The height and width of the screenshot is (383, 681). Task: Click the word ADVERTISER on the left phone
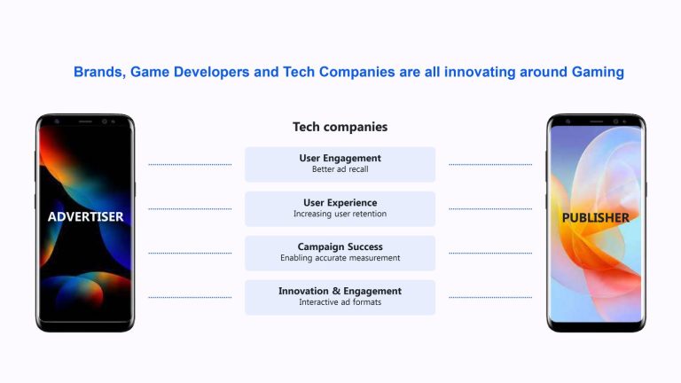coord(85,216)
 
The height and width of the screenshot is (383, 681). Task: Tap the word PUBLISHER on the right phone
coord(596,217)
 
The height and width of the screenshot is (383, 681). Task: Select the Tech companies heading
coord(340,127)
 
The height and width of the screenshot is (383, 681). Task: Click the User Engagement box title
coord(340,158)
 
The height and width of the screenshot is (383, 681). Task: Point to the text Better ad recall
coord(340,169)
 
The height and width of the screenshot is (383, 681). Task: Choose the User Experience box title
coord(340,202)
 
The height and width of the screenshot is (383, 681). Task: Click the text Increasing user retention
coord(340,214)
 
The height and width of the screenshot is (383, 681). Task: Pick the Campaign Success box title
coord(340,246)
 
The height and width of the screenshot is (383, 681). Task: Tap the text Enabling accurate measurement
coord(340,258)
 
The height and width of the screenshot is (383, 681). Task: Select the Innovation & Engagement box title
coord(340,291)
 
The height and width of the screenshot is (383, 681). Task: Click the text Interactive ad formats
coord(340,302)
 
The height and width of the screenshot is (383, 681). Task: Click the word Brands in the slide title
coord(100,72)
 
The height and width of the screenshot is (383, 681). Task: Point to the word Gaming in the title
coord(598,72)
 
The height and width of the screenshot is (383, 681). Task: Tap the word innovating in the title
coord(480,72)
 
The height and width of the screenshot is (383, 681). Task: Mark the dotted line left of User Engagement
coord(190,165)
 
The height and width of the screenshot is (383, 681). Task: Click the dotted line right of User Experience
coord(490,209)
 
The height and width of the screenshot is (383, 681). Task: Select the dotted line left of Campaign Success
coord(190,253)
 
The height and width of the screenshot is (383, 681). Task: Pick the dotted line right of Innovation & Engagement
coord(490,298)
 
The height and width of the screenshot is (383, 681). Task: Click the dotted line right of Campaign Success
coord(490,253)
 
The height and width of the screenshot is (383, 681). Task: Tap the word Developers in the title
coord(212,72)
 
